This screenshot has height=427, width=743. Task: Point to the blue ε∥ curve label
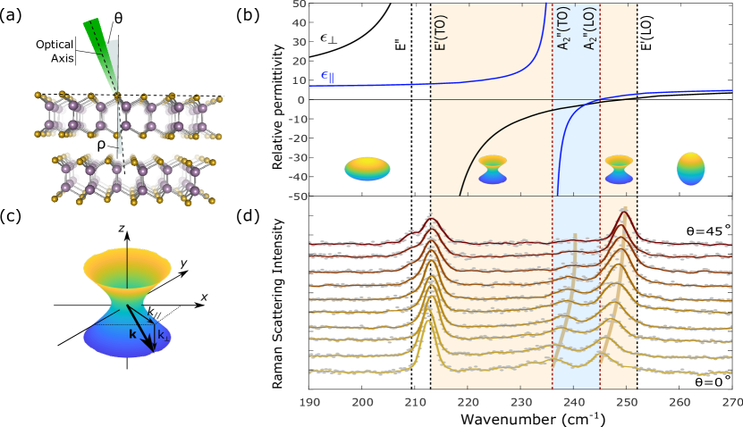327,76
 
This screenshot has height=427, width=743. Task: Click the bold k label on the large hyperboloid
131,332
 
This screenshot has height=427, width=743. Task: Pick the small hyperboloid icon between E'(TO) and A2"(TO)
492,169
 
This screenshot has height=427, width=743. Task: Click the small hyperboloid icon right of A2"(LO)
618,168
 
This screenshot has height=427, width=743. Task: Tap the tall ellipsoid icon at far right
690,168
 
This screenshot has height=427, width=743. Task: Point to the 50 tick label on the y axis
299,4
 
